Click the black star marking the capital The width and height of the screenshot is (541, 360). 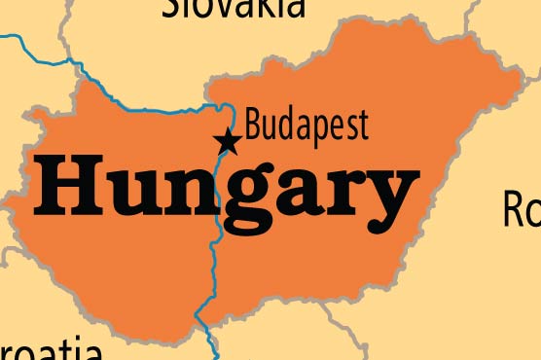pos(228,142)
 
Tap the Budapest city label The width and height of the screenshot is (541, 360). pos(307,126)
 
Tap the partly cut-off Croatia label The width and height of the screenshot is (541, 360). pos(49,349)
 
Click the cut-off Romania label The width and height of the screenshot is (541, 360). pos(521,208)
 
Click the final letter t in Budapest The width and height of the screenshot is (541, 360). pos(363,126)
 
